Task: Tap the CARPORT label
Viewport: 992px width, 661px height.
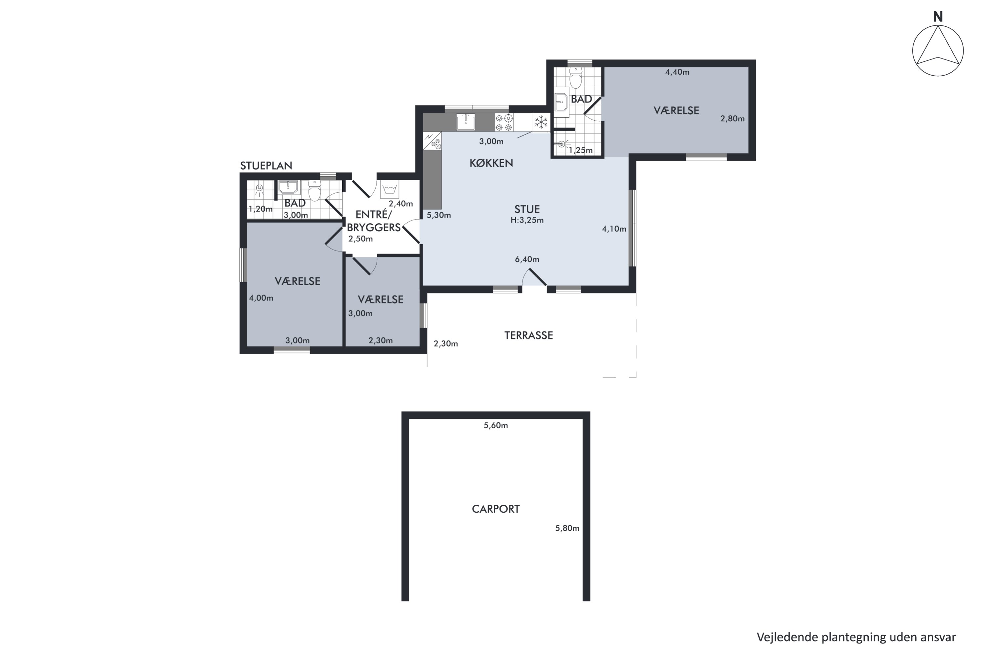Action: click(496, 509)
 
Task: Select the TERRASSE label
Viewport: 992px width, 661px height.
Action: click(528, 335)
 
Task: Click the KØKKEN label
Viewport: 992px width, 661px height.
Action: click(491, 163)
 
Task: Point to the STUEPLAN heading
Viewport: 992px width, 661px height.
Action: click(266, 166)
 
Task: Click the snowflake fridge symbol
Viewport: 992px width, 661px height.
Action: click(541, 123)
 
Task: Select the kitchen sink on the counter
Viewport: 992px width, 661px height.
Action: click(466, 122)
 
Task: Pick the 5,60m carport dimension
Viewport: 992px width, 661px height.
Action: click(496, 425)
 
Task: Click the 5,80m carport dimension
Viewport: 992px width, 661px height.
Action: click(567, 528)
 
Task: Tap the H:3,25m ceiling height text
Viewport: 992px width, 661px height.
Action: click(527, 220)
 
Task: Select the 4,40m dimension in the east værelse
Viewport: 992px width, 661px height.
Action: click(677, 72)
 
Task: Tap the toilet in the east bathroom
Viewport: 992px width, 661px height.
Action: click(576, 77)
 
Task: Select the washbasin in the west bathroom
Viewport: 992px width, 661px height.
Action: click(288, 187)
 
